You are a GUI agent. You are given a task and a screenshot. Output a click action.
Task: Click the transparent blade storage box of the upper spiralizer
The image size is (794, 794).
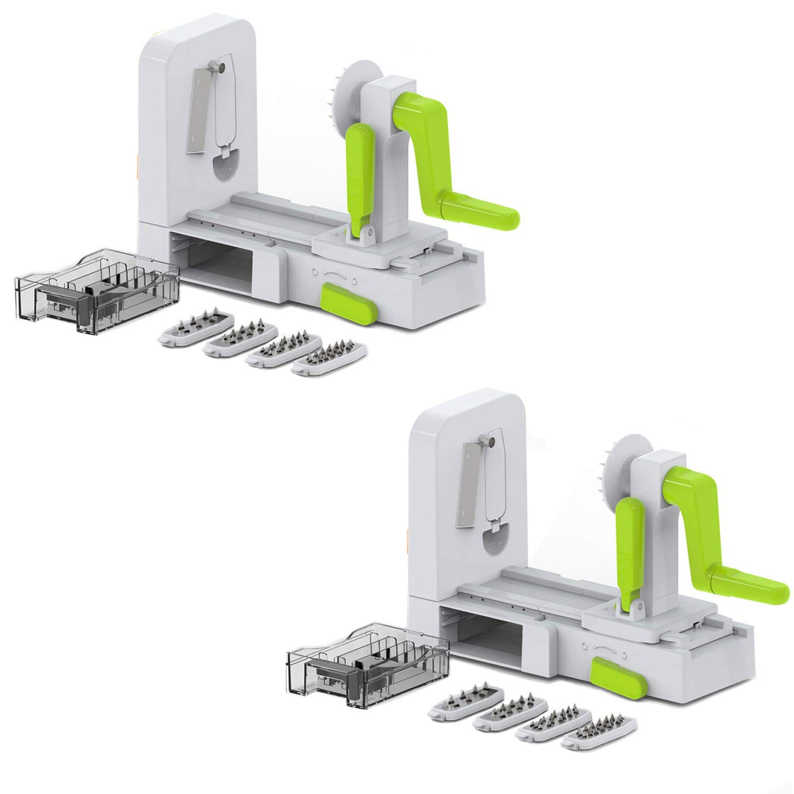click(x=96, y=292)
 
